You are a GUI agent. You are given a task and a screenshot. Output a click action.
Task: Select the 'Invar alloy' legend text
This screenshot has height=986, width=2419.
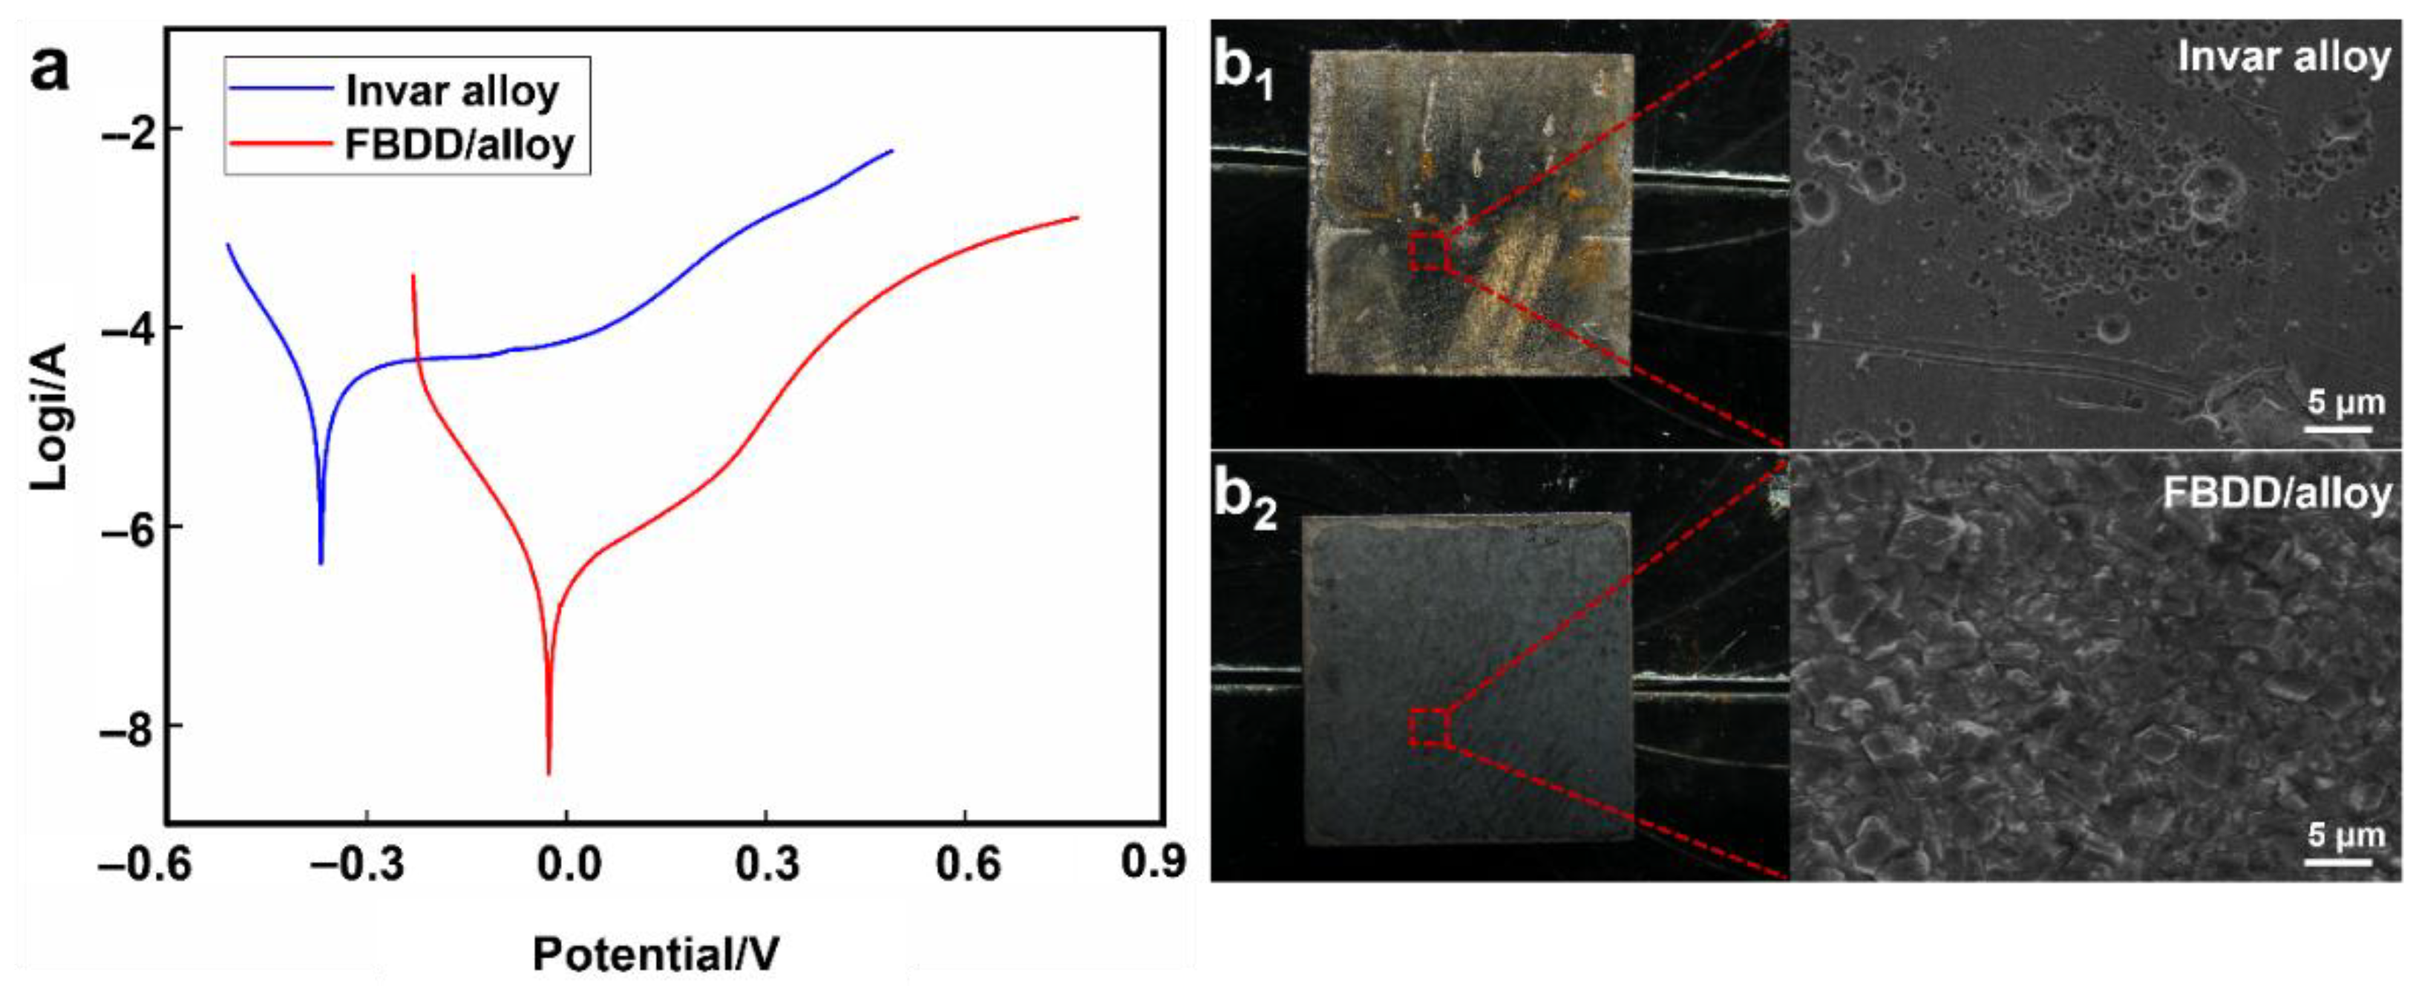[x=453, y=91]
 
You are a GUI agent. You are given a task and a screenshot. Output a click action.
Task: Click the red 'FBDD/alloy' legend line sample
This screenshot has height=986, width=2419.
[x=281, y=145]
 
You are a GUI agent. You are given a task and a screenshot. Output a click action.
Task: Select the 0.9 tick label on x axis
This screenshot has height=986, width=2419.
[x=1153, y=862]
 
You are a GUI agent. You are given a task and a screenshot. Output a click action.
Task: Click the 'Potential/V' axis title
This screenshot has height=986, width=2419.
[x=655, y=954]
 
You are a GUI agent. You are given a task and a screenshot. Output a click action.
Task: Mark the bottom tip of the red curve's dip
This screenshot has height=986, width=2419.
[x=549, y=773]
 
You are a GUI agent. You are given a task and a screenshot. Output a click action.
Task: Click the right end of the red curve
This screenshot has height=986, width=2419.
[x=1077, y=218]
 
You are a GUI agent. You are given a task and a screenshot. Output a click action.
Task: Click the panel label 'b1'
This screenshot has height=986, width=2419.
[x=1243, y=71]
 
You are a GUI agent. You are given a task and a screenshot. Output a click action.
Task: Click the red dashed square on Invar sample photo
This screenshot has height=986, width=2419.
[x=1430, y=252]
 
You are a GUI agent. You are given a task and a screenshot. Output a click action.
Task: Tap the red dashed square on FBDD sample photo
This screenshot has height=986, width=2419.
[x=1430, y=728]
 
